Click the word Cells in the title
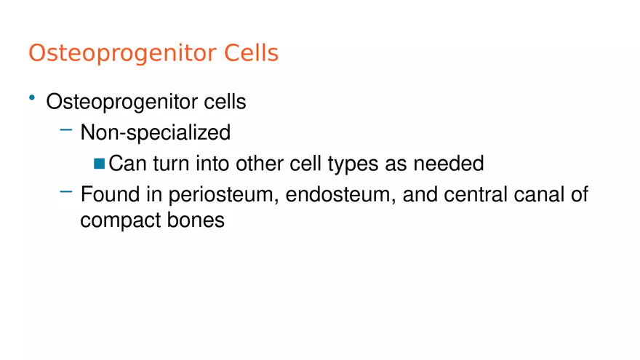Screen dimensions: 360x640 click(251, 53)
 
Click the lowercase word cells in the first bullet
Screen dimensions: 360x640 click(225, 102)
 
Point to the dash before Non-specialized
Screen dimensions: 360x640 click(66, 130)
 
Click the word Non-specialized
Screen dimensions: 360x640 click(155, 133)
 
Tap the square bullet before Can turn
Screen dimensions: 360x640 click(100, 164)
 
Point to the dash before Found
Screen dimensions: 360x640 click(66, 192)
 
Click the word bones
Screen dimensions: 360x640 click(196, 220)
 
